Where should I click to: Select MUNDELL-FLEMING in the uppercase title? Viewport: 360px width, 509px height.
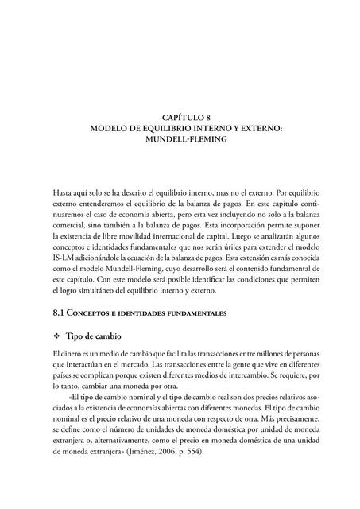click(x=180, y=138)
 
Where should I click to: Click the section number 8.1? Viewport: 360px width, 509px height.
click(x=60, y=313)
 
